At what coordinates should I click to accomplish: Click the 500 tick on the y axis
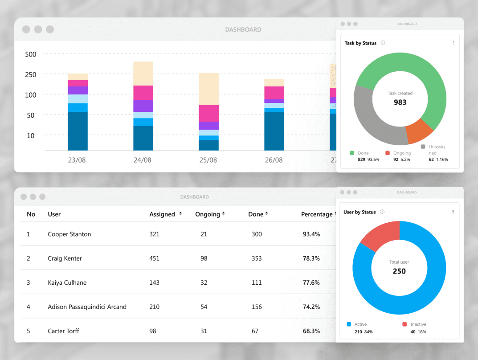click(x=31, y=54)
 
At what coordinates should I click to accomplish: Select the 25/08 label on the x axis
click(x=208, y=160)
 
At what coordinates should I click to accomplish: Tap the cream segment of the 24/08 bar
click(x=143, y=74)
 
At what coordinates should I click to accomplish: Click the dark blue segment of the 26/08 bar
click(x=274, y=131)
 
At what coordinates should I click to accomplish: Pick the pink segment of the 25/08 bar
click(x=208, y=113)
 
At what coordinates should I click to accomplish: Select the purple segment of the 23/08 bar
click(x=78, y=90)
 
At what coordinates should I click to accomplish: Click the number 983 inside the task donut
click(x=400, y=102)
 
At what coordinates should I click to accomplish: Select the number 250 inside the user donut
click(x=399, y=271)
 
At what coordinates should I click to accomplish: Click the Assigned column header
click(x=162, y=214)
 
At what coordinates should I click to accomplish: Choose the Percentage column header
click(x=317, y=214)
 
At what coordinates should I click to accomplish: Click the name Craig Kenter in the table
click(x=65, y=258)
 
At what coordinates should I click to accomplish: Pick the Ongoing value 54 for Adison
click(x=204, y=307)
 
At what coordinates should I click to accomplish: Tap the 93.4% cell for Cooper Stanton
click(x=311, y=234)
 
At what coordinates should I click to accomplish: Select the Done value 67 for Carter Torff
click(x=255, y=331)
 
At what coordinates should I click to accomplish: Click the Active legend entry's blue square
click(x=349, y=324)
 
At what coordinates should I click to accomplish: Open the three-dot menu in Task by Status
click(x=453, y=43)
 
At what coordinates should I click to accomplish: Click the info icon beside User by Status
click(x=382, y=212)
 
